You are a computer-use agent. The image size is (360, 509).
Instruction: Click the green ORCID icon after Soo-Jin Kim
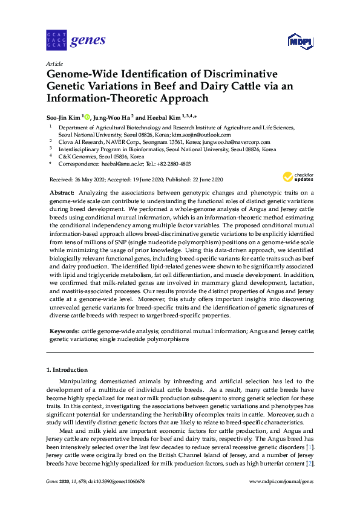(x=87, y=117)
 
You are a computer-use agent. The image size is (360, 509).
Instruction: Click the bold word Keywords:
(x=64, y=332)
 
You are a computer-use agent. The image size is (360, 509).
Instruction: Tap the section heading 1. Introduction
(x=67, y=369)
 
